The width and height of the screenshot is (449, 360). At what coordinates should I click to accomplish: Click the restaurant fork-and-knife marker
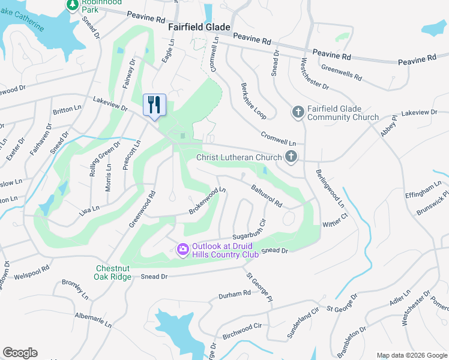click(154, 104)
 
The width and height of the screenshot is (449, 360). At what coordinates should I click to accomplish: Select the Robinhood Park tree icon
click(72, 5)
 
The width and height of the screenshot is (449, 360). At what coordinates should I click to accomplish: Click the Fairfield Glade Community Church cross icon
click(298, 112)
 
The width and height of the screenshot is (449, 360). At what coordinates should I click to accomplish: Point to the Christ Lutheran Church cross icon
click(291, 158)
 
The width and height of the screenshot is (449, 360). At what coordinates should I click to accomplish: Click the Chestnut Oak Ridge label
click(112, 272)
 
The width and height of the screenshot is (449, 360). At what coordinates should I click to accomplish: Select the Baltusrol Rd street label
click(267, 196)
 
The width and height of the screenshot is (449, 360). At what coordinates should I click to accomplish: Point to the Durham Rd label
click(234, 294)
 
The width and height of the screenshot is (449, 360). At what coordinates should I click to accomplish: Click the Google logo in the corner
click(20, 353)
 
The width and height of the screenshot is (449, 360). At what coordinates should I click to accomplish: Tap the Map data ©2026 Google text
click(411, 355)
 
